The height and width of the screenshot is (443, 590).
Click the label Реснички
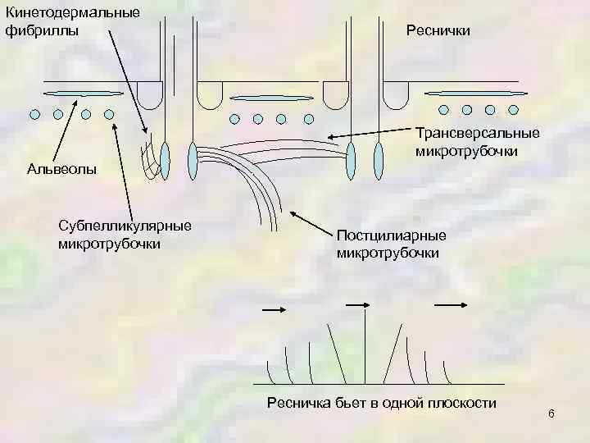pyautogui.click(x=438, y=30)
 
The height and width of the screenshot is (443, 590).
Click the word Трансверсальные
pyautogui.click(x=477, y=133)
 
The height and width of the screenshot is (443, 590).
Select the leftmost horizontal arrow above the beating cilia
pyautogui.click(x=273, y=309)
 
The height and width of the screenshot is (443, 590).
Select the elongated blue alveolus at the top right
pyautogui.click(x=478, y=93)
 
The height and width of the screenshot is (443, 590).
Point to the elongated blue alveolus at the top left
pyautogui.click(x=82, y=93)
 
